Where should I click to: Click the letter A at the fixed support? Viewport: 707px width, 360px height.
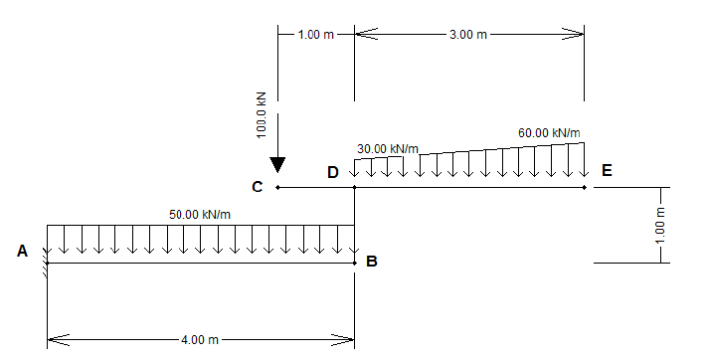[x=22, y=251]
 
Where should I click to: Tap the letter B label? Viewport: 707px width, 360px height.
[x=372, y=262]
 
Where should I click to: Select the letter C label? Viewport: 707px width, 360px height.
[x=257, y=187]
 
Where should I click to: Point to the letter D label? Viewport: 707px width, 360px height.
[x=333, y=172]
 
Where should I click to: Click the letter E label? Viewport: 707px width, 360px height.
[x=607, y=170]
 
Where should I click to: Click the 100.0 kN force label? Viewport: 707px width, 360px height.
[x=262, y=115]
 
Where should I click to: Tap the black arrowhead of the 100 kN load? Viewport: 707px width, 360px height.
[x=277, y=165]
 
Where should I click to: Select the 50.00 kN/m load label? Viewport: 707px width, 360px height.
[x=200, y=215]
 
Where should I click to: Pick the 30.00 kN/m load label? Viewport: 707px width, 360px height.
[x=388, y=148]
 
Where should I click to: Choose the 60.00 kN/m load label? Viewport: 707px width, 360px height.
[x=549, y=132]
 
